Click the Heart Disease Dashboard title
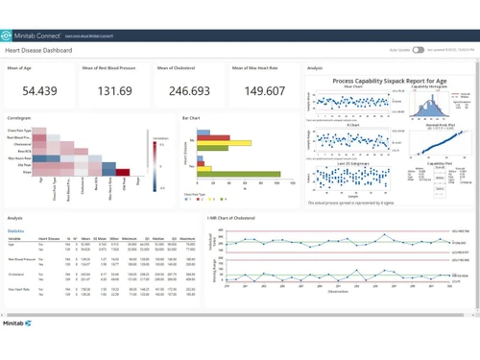point(38,49)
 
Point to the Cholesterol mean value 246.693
point(188,91)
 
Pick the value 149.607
point(262,91)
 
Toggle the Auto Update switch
point(419,49)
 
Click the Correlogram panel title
point(20,119)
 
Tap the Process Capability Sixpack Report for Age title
point(384,83)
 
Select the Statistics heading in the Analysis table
point(16,231)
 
